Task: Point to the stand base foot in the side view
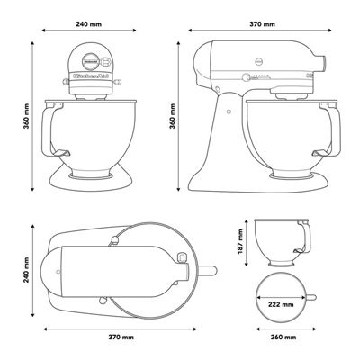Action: (261, 184)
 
